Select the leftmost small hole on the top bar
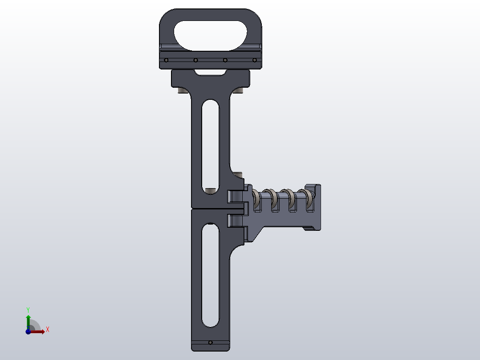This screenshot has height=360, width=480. [x=166, y=60]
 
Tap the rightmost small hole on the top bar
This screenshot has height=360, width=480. [x=255, y=60]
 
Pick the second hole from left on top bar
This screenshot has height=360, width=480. [x=195, y=60]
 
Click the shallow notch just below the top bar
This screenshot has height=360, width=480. [x=211, y=72]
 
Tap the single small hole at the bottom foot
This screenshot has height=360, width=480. [x=211, y=343]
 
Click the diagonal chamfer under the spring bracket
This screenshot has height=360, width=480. [x=257, y=234]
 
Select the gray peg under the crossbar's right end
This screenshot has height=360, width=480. [x=239, y=91]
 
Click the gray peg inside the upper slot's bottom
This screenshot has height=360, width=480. [x=210, y=190]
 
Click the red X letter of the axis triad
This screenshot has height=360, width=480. [x=47, y=330]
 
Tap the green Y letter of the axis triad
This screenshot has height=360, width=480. [x=28, y=309]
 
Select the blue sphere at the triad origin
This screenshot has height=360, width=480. [x=28, y=331]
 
